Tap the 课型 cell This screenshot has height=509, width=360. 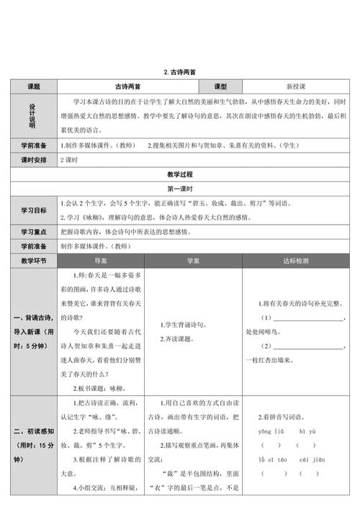pos(221,86)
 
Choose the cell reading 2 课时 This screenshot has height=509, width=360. pos(71,158)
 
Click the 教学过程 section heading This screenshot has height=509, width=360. pos(179,174)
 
